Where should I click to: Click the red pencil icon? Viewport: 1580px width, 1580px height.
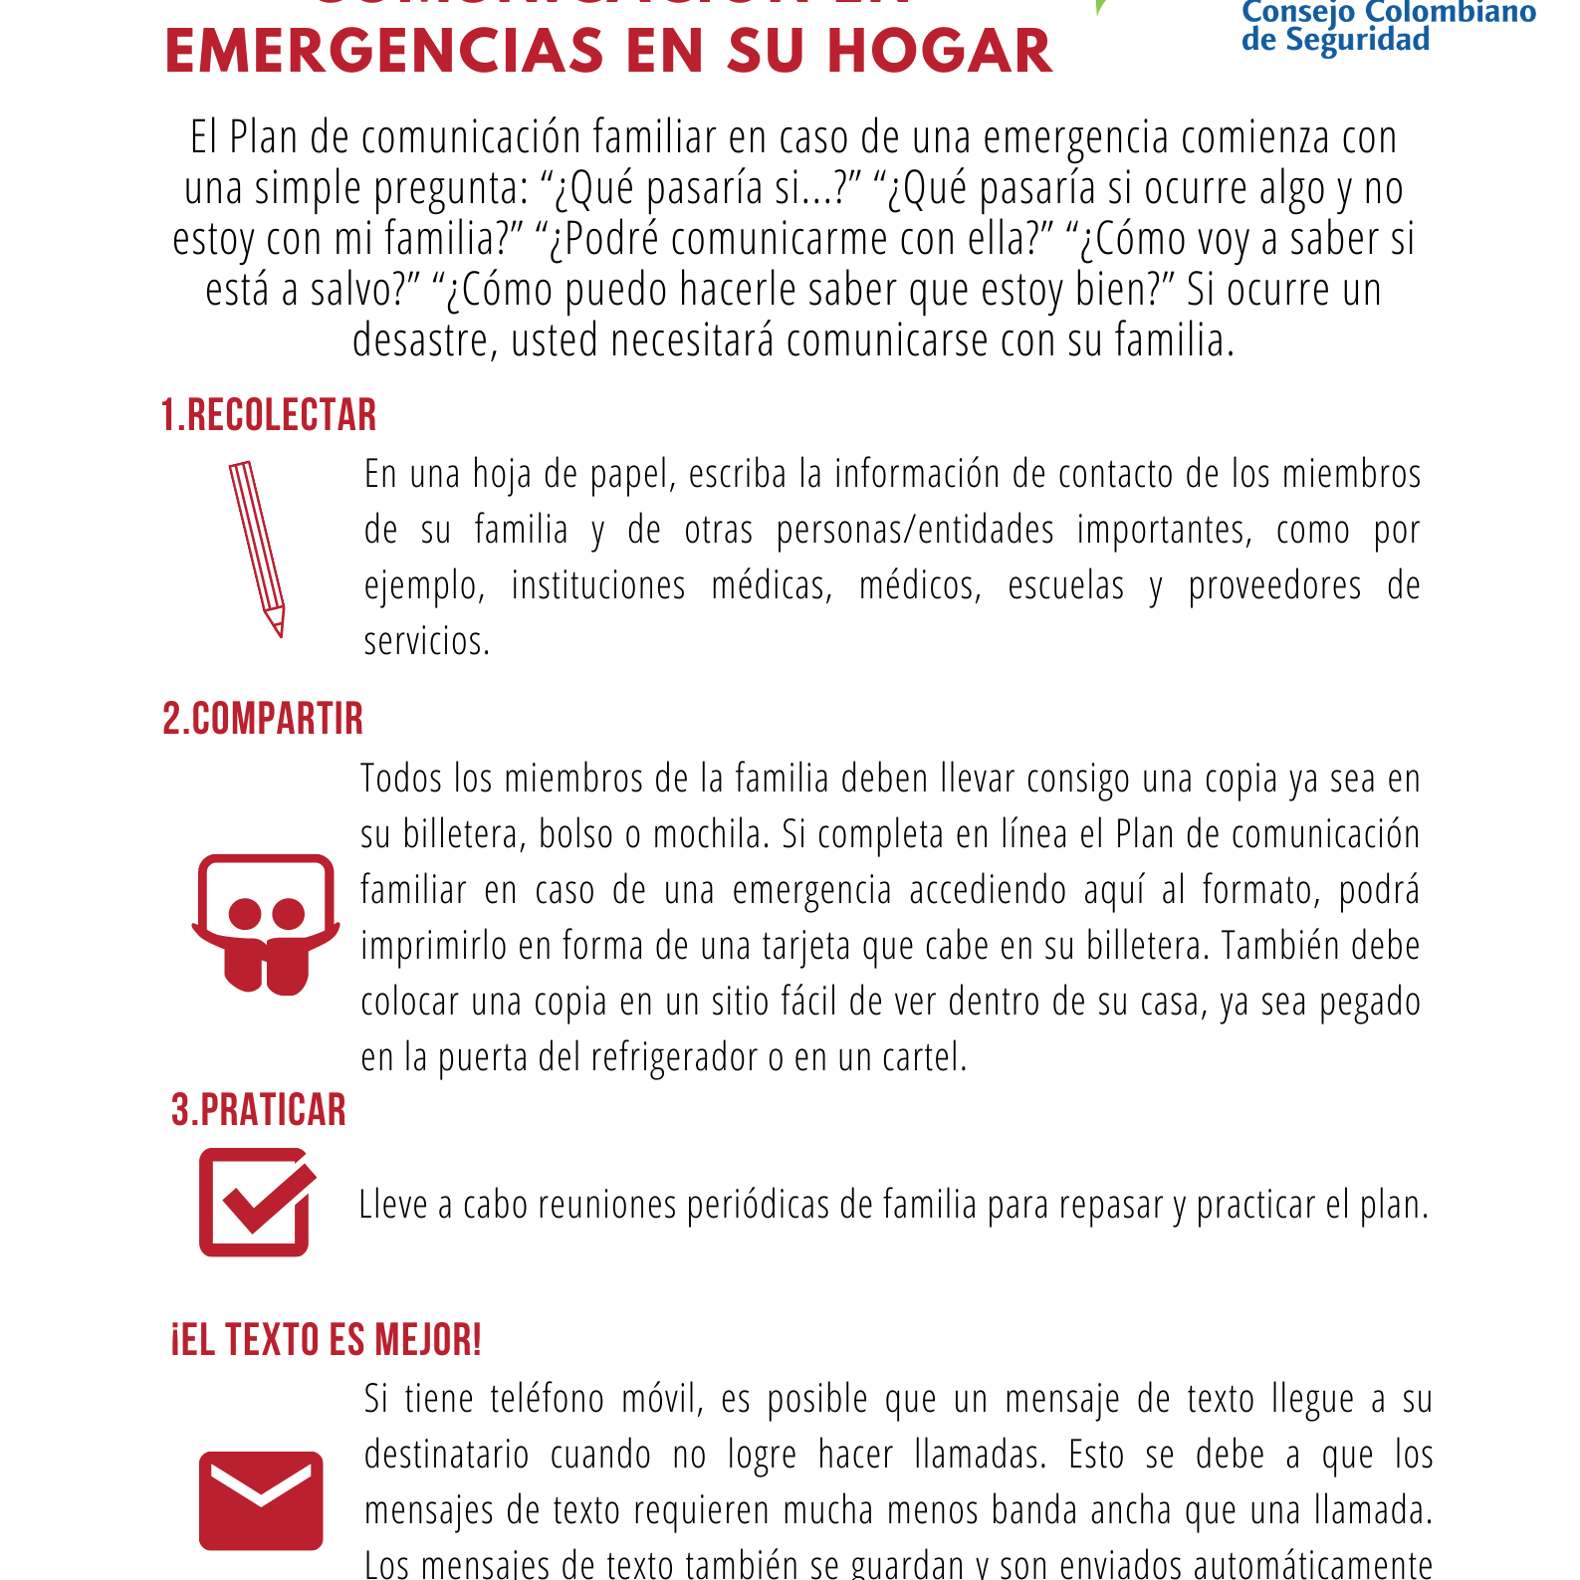[x=258, y=547]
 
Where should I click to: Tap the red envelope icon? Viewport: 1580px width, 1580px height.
[x=261, y=1500]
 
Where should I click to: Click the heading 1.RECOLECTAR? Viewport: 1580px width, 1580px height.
[x=269, y=415]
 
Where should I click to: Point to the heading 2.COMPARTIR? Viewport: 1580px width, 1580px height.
[x=263, y=719]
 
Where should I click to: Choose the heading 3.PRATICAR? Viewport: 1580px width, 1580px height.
[x=259, y=1110]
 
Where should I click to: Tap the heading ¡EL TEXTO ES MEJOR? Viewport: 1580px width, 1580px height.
[x=327, y=1340]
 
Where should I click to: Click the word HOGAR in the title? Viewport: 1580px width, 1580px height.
[x=940, y=52]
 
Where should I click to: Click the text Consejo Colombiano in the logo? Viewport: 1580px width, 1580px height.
[x=1389, y=13]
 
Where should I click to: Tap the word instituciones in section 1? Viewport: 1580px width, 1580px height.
[x=598, y=585]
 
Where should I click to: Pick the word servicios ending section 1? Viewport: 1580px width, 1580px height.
[x=427, y=641]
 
